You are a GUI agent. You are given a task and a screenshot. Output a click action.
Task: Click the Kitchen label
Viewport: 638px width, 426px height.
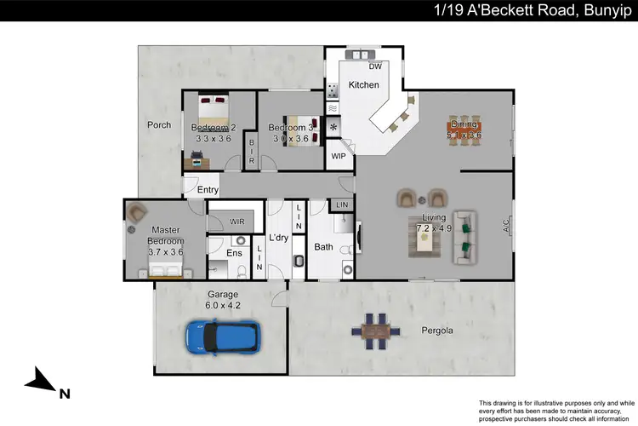[363, 85]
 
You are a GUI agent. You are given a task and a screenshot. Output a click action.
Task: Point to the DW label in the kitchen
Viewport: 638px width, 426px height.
[375, 66]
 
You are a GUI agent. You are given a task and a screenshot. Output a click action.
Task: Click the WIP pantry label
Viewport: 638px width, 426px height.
[339, 156]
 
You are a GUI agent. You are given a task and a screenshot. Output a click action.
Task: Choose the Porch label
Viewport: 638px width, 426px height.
[159, 125]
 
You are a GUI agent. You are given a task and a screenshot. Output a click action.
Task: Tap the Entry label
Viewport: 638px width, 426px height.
[208, 190]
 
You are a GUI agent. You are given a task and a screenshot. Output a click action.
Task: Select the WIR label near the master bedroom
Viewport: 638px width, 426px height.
[237, 222]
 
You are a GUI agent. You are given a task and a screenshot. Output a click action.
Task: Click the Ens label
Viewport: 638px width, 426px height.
[235, 253]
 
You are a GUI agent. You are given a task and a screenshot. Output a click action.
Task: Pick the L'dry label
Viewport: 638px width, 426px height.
[279, 238]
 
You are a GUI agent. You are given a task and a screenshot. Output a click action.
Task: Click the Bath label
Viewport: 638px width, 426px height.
[323, 247]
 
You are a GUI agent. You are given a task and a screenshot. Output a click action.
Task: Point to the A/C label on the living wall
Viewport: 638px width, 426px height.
[506, 228]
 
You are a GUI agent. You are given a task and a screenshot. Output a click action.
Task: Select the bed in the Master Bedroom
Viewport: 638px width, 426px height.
[165, 269]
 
